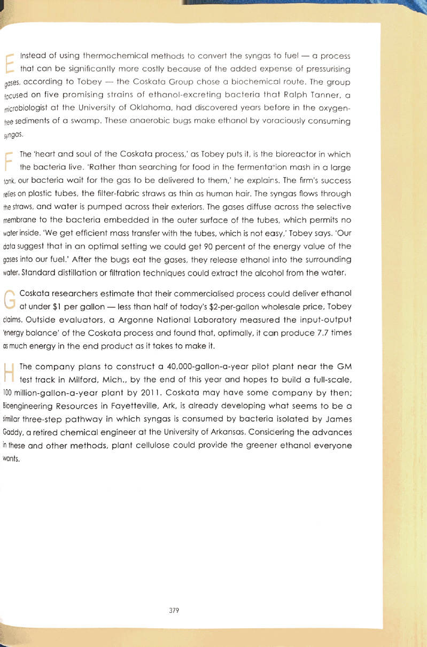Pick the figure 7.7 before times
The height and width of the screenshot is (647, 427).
[x=311, y=333]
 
